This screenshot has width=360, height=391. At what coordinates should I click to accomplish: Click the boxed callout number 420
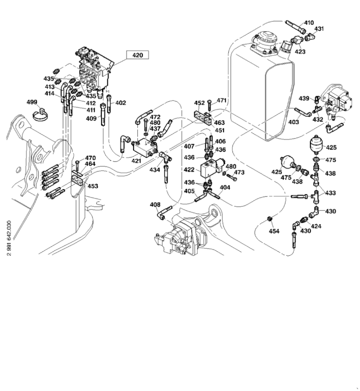[x=138, y=56]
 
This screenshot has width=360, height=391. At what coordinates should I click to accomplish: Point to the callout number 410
[x=309, y=23]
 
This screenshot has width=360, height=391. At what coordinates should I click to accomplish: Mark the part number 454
[x=274, y=231]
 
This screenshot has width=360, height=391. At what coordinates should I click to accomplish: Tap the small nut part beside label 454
[x=269, y=218]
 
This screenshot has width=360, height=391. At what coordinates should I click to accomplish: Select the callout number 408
[x=155, y=204]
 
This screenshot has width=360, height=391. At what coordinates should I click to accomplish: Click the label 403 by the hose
[x=293, y=122]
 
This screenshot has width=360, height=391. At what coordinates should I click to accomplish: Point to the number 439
[x=304, y=98]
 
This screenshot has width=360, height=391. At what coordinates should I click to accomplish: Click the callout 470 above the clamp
[x=90, y=158]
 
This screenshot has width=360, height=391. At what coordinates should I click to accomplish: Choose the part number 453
[x=93, y=186]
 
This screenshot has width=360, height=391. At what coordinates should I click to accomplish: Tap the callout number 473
[x=239, y=172]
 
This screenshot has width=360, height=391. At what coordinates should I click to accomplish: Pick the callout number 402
[x=121, y=103]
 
